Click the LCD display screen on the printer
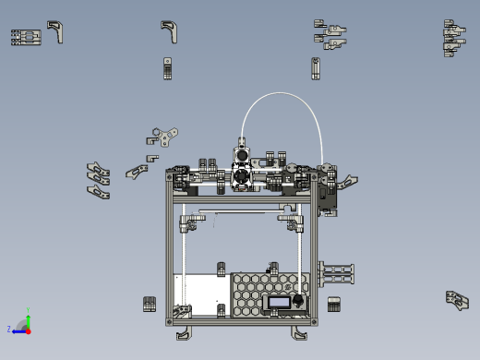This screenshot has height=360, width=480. pyautogui.click(x=278, y=302)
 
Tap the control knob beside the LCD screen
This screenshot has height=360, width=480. pyautogui.click(x=298, y=301)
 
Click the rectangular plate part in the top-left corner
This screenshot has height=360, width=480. pyautogui.click(x=26, y=37)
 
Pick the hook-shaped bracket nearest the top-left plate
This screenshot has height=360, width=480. pyautogui.click(x=57, y=31)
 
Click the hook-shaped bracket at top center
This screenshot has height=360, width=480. pyautogui.click(x=169, y=31)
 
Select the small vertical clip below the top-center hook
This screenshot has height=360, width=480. pyautogui.click(x=168, y=68)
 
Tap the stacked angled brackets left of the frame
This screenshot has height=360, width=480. pyautogui.click(x=98, y=181)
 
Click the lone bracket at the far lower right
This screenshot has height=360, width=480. pyautogui.click(x=457, y=299)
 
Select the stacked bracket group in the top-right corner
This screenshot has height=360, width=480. pyautogui.click(x=453, y=37)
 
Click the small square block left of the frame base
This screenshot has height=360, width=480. pyautogui.click(x=150, y=304)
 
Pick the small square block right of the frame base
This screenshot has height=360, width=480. pyautogui.click(x=334, y=304)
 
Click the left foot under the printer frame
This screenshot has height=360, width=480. pyautogui.click(x=183, y=331)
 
